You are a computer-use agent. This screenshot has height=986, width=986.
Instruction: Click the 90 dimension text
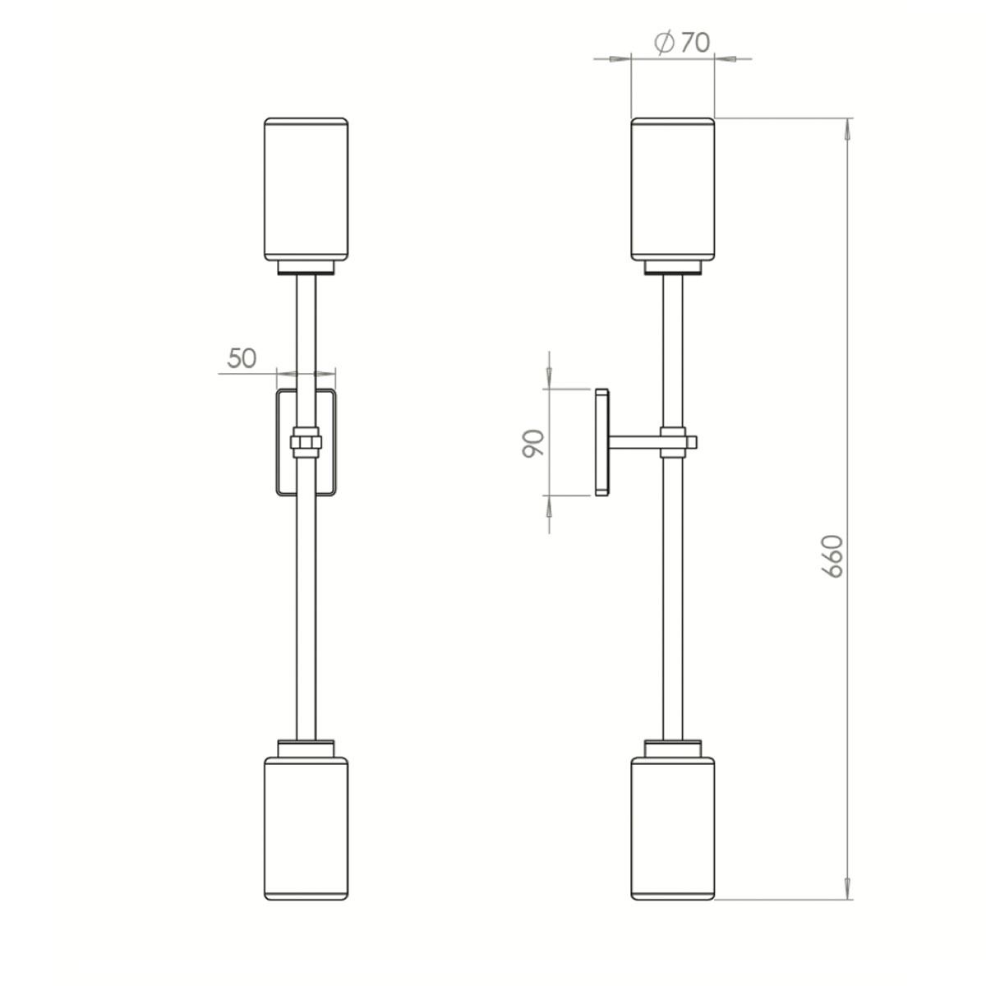[x=533, y=444]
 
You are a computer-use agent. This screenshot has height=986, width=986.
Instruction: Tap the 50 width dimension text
[x=242, y=358]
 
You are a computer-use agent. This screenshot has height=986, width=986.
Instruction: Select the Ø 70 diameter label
[x=681, y=42]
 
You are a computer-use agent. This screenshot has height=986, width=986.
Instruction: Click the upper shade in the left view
[x=306, y=190]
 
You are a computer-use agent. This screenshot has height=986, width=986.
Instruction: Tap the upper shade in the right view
[x=672, y=190]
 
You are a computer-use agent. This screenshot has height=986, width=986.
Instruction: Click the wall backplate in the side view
[x=601, y=444]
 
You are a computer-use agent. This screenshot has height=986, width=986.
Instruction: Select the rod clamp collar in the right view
[x=672, y=441]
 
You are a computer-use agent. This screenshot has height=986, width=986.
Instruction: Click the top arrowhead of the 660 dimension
[x=850, y=128]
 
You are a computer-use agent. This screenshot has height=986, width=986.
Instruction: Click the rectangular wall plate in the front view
[x=283, y=444]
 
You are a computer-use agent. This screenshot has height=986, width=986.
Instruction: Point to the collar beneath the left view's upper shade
[x=306, y=267]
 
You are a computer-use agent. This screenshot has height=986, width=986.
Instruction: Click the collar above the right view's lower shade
[x=672, y=749]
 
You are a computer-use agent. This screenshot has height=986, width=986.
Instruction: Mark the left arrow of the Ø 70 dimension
[x=621, y=58]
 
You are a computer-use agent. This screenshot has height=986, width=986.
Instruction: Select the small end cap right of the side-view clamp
[x=693, y=442]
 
